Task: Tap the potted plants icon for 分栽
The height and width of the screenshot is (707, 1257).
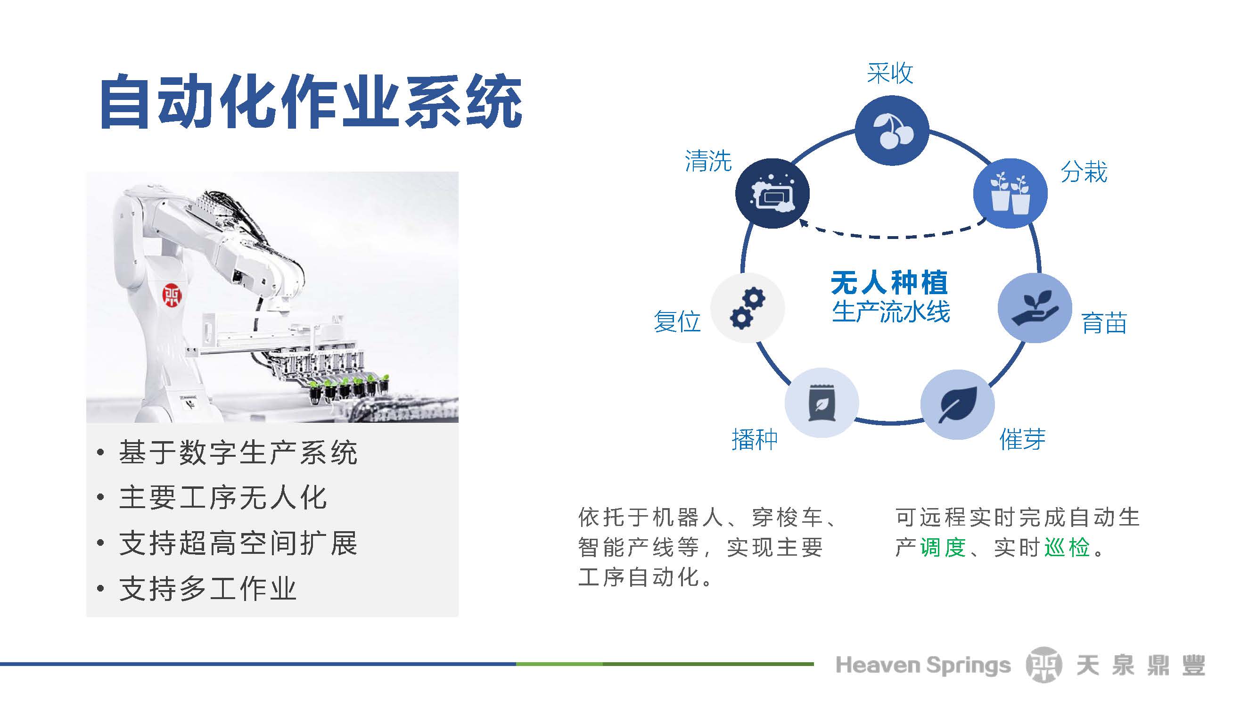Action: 1010,193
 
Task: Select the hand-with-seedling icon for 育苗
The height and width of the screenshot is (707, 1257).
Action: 1035,308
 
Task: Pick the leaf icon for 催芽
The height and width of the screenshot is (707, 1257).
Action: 957,405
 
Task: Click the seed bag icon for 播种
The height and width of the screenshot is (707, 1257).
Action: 822,403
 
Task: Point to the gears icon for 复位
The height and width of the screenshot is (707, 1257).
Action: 747,308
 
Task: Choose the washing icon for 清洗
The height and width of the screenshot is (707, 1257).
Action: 772,193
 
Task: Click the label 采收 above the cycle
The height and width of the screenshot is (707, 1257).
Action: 890,74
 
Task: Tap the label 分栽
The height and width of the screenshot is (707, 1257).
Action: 1084,172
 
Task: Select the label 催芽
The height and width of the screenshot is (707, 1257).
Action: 1023,439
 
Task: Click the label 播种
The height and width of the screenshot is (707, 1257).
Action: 755,439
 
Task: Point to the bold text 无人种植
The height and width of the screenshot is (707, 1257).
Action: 889,282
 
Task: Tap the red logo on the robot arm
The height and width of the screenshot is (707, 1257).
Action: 171,295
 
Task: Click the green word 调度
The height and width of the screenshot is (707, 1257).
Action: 943,547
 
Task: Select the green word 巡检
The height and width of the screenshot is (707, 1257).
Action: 1067,547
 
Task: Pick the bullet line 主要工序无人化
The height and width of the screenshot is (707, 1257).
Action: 222,498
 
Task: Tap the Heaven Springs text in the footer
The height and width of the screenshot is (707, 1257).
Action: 923,665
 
